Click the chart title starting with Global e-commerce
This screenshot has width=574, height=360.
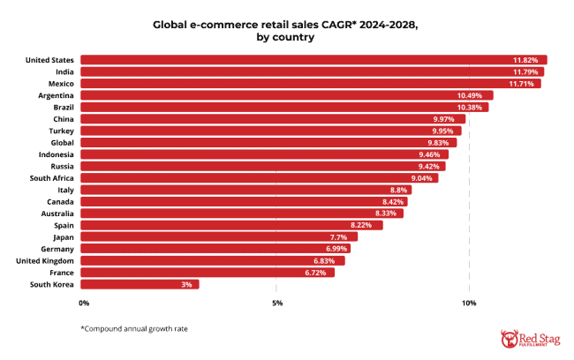pyautogui.click(x=287, y=33)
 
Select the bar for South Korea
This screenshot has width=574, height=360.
pyautogui.click(x=141, y=284)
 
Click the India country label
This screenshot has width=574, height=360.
pyautogui.click(x=64, y=71)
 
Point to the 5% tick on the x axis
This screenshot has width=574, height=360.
pyautogui.click(x=277, y=304)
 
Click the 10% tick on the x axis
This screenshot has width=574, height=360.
pyautogui.click(x=469, y=304)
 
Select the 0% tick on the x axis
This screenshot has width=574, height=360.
pyautogui.click(x=85, y=304)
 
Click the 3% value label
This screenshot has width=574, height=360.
pyautogui.click(x=186, y=284)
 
